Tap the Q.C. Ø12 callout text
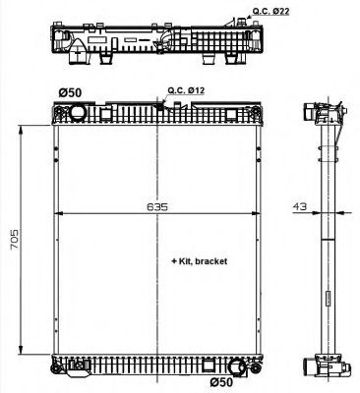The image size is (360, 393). point(186,90)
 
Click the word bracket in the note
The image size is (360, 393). point(212,263)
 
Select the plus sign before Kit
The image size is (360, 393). point(172,263)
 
